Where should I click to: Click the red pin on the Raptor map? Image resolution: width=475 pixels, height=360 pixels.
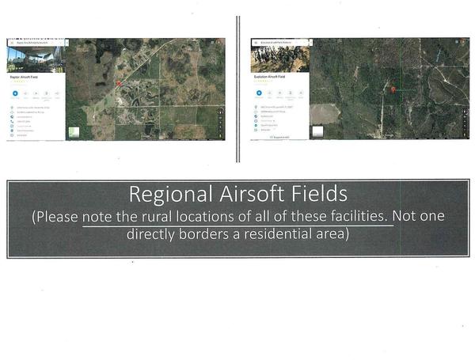click(119, 83)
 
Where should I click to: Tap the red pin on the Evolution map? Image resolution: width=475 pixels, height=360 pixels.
click(393, 90)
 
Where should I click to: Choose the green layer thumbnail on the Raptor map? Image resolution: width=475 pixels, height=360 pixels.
click(74, 132)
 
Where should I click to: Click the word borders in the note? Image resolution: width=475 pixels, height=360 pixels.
click(207, 235)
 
